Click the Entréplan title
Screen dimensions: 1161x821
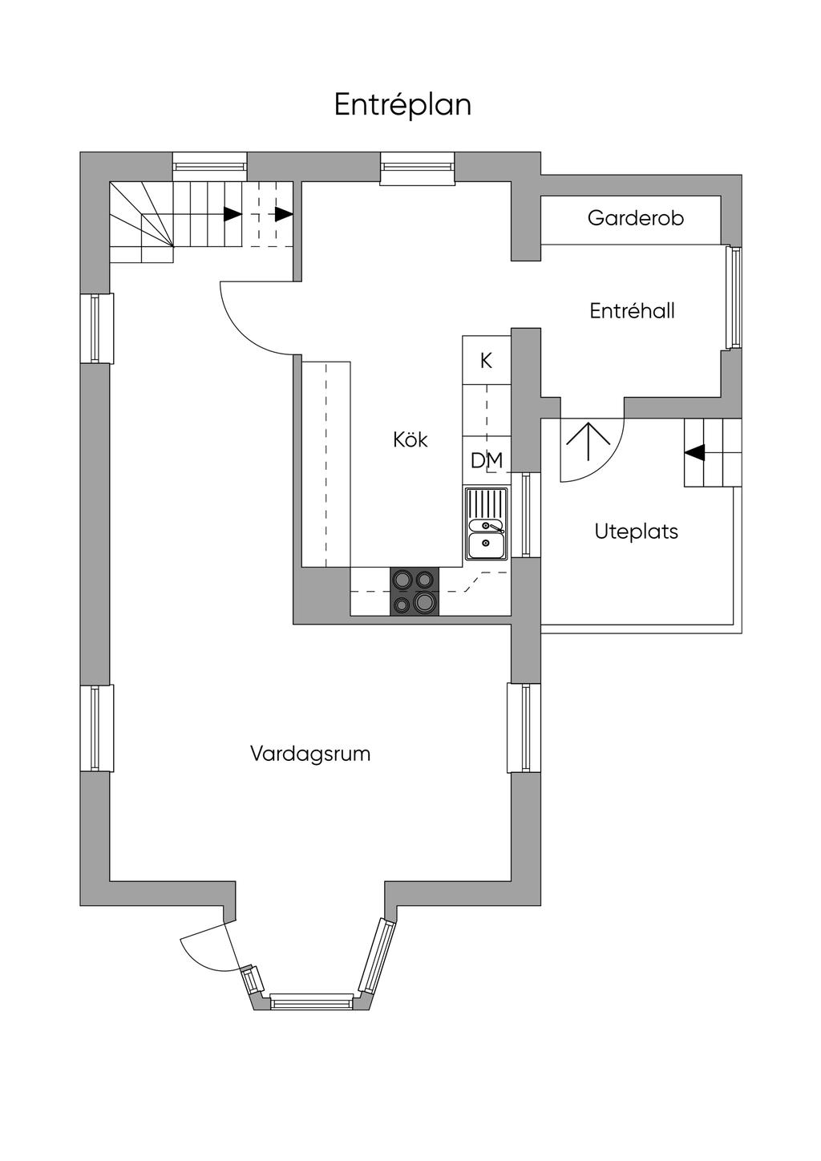402,105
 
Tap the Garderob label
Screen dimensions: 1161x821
635,218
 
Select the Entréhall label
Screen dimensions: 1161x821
632,311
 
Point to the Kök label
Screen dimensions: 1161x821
410,439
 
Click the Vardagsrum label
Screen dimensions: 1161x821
310,754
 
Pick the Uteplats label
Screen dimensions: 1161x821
637,532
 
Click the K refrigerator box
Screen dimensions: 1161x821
487,361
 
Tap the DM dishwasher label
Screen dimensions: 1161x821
487,461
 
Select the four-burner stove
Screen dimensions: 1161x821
415,592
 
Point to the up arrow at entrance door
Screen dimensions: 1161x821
589,440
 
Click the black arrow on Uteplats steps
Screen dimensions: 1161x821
694,452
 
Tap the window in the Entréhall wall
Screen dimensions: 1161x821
732,297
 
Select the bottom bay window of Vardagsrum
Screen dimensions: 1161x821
311,1000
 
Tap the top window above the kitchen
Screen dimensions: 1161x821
418,167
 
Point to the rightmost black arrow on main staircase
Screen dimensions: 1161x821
284,214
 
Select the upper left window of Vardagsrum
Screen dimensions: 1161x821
96,329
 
